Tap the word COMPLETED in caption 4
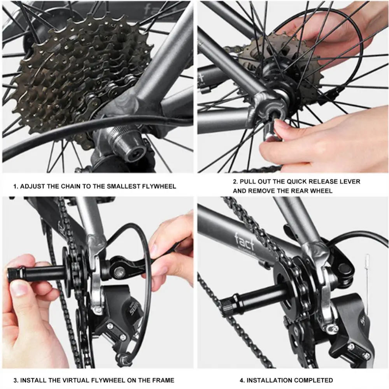314,380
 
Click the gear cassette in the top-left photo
78,70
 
